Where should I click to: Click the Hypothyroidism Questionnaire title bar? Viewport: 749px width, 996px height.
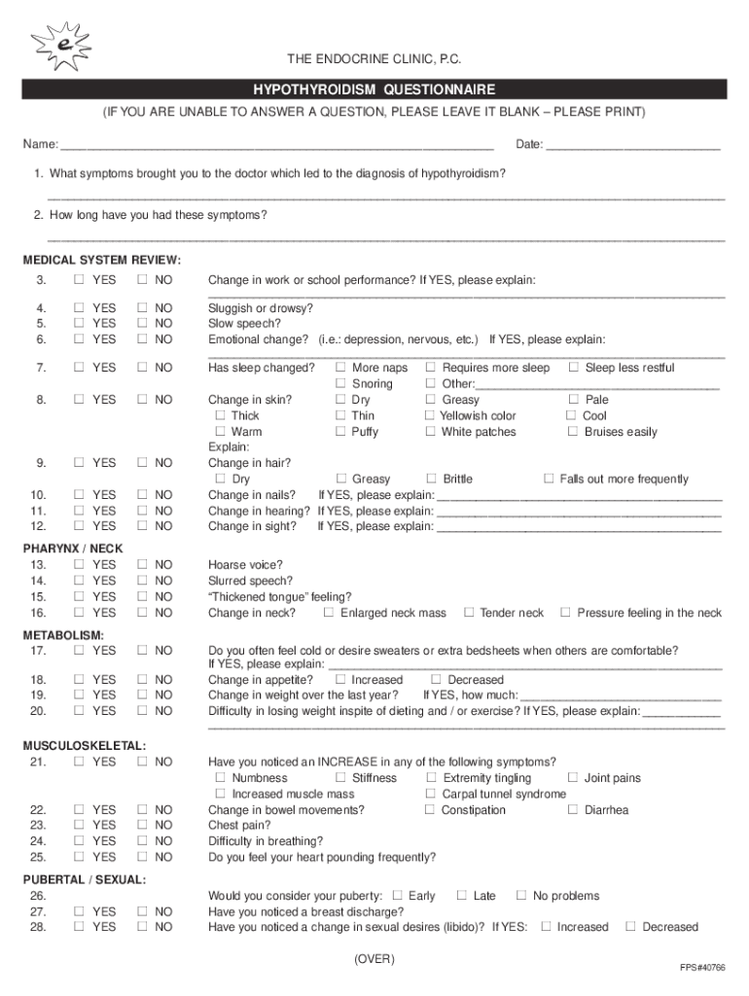click(374, 89)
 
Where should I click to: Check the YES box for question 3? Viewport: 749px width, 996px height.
click(78, 280)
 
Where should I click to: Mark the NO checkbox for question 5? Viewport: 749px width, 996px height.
click(142, 323)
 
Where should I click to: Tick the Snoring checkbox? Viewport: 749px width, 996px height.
click(341, 384)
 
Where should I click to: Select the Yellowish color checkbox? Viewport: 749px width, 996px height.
click(430, 415)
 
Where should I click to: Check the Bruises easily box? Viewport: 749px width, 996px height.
click(573, 432)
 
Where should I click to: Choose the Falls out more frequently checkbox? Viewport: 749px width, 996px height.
click(549, 479)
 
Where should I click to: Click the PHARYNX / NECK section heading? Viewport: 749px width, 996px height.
click(73, 549)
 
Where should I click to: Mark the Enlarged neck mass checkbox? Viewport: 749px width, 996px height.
click(329, 613)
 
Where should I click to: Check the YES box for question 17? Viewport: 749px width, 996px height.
click(78, 650)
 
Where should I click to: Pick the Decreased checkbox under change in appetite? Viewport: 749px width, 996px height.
click(436, 680)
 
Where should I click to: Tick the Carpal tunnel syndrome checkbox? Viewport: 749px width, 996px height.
click(430, 794)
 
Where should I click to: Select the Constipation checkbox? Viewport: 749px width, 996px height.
click(430, 810)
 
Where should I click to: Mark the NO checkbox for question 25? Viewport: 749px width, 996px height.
click(142, 857)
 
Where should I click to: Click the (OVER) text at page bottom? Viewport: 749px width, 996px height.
click(374, 959)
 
